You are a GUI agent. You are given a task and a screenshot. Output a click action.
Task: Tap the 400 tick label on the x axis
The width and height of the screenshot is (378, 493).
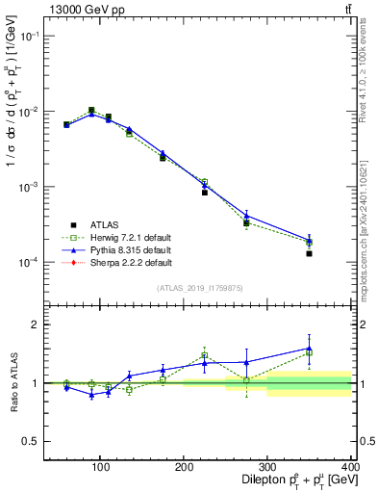coord(349,468)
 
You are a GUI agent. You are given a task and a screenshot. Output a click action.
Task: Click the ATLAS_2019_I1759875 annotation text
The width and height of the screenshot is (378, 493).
coord(198,288)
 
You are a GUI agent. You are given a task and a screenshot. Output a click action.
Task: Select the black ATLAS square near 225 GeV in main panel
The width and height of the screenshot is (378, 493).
coord(204,193)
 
